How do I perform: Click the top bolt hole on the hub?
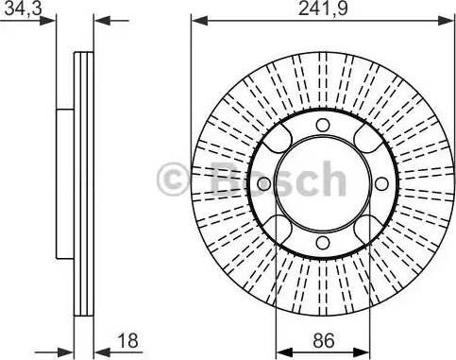pyautogui.click(x=322, y=127)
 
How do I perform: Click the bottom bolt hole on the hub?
pyautogui.click(x=322, y=244)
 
